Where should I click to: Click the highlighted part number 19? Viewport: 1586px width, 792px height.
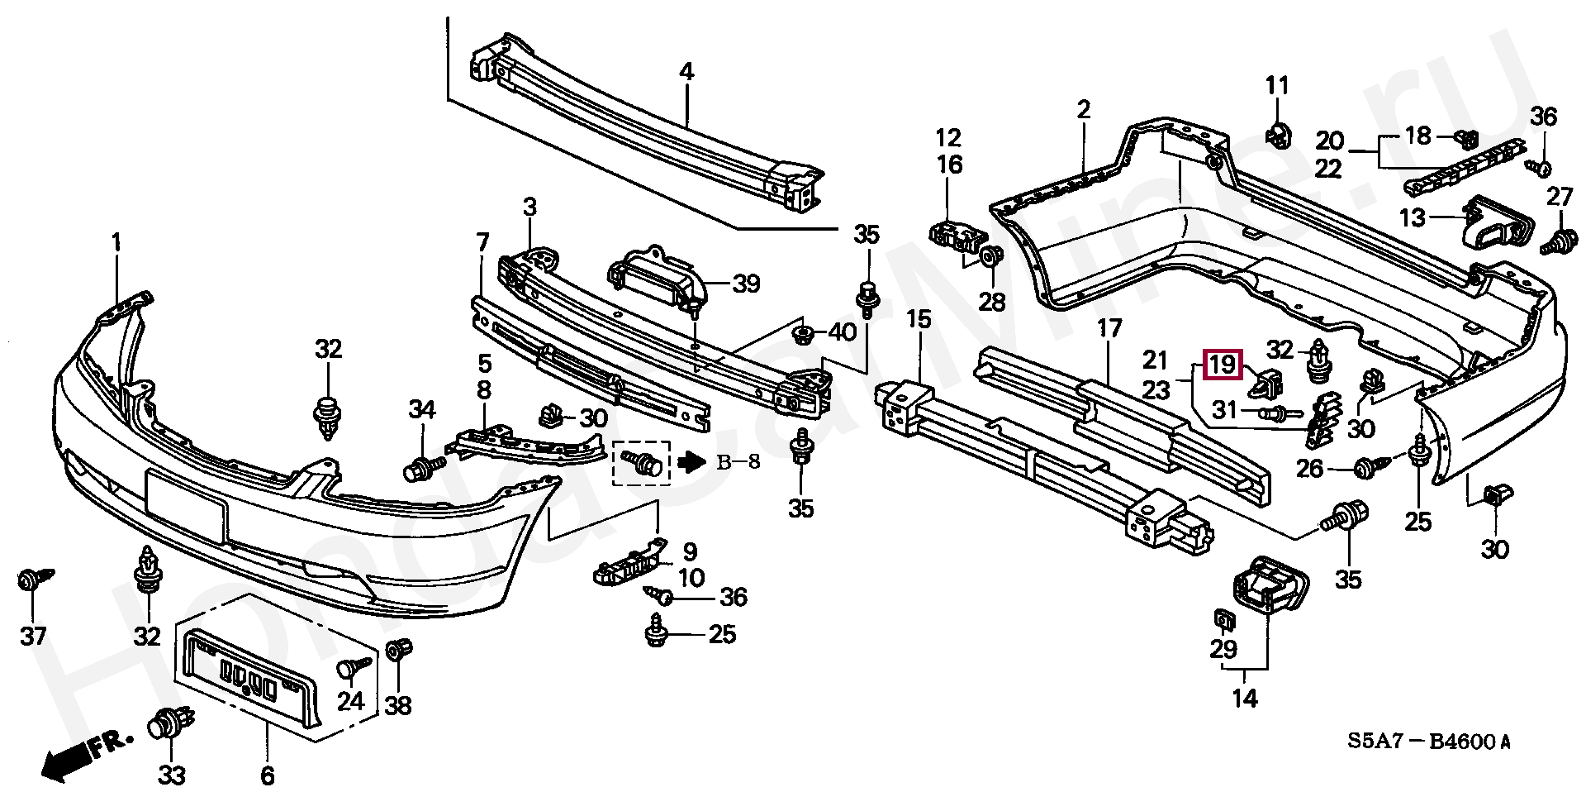point(1223,365)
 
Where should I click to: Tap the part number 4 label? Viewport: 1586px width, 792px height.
point(686,72)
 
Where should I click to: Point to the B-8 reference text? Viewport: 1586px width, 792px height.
point(738,462)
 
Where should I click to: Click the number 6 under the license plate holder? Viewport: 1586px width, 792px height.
point(267,775)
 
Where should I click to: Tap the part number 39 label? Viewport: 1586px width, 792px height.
point(746,284)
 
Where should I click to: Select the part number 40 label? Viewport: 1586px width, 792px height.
point(842,333)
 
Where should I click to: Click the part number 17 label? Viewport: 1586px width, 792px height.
point(1110,329)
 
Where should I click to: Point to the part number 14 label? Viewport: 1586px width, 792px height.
point(1245,699)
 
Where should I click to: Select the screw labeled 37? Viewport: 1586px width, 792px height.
point(34,580)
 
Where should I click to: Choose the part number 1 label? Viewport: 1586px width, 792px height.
point(116,242)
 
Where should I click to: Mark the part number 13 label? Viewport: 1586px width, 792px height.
point(1413,217)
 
